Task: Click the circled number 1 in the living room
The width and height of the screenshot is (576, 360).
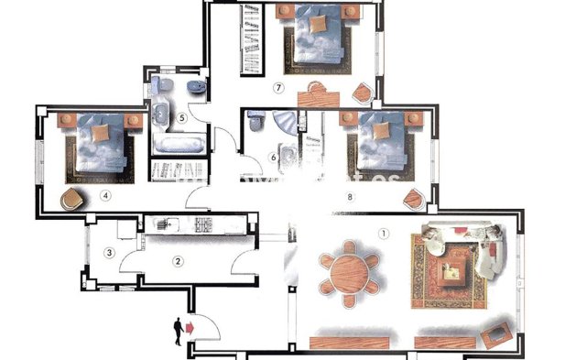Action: click(384, 233)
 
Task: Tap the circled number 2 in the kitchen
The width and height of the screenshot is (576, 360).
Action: click(179, 261)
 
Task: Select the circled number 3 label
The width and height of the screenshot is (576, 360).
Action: click(109, 253)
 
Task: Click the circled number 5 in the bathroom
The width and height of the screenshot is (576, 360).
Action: click(182, 117)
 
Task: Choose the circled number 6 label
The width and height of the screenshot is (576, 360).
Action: click(274, 158)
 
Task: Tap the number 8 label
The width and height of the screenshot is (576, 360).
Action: click(350, 197)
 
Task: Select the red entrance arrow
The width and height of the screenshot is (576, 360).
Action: click(190, 325)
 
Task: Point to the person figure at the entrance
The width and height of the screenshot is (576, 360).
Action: click(177, 330)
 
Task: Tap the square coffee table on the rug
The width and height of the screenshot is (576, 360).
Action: click(451, 269)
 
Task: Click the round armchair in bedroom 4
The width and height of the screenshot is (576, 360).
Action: click(71, 198)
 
